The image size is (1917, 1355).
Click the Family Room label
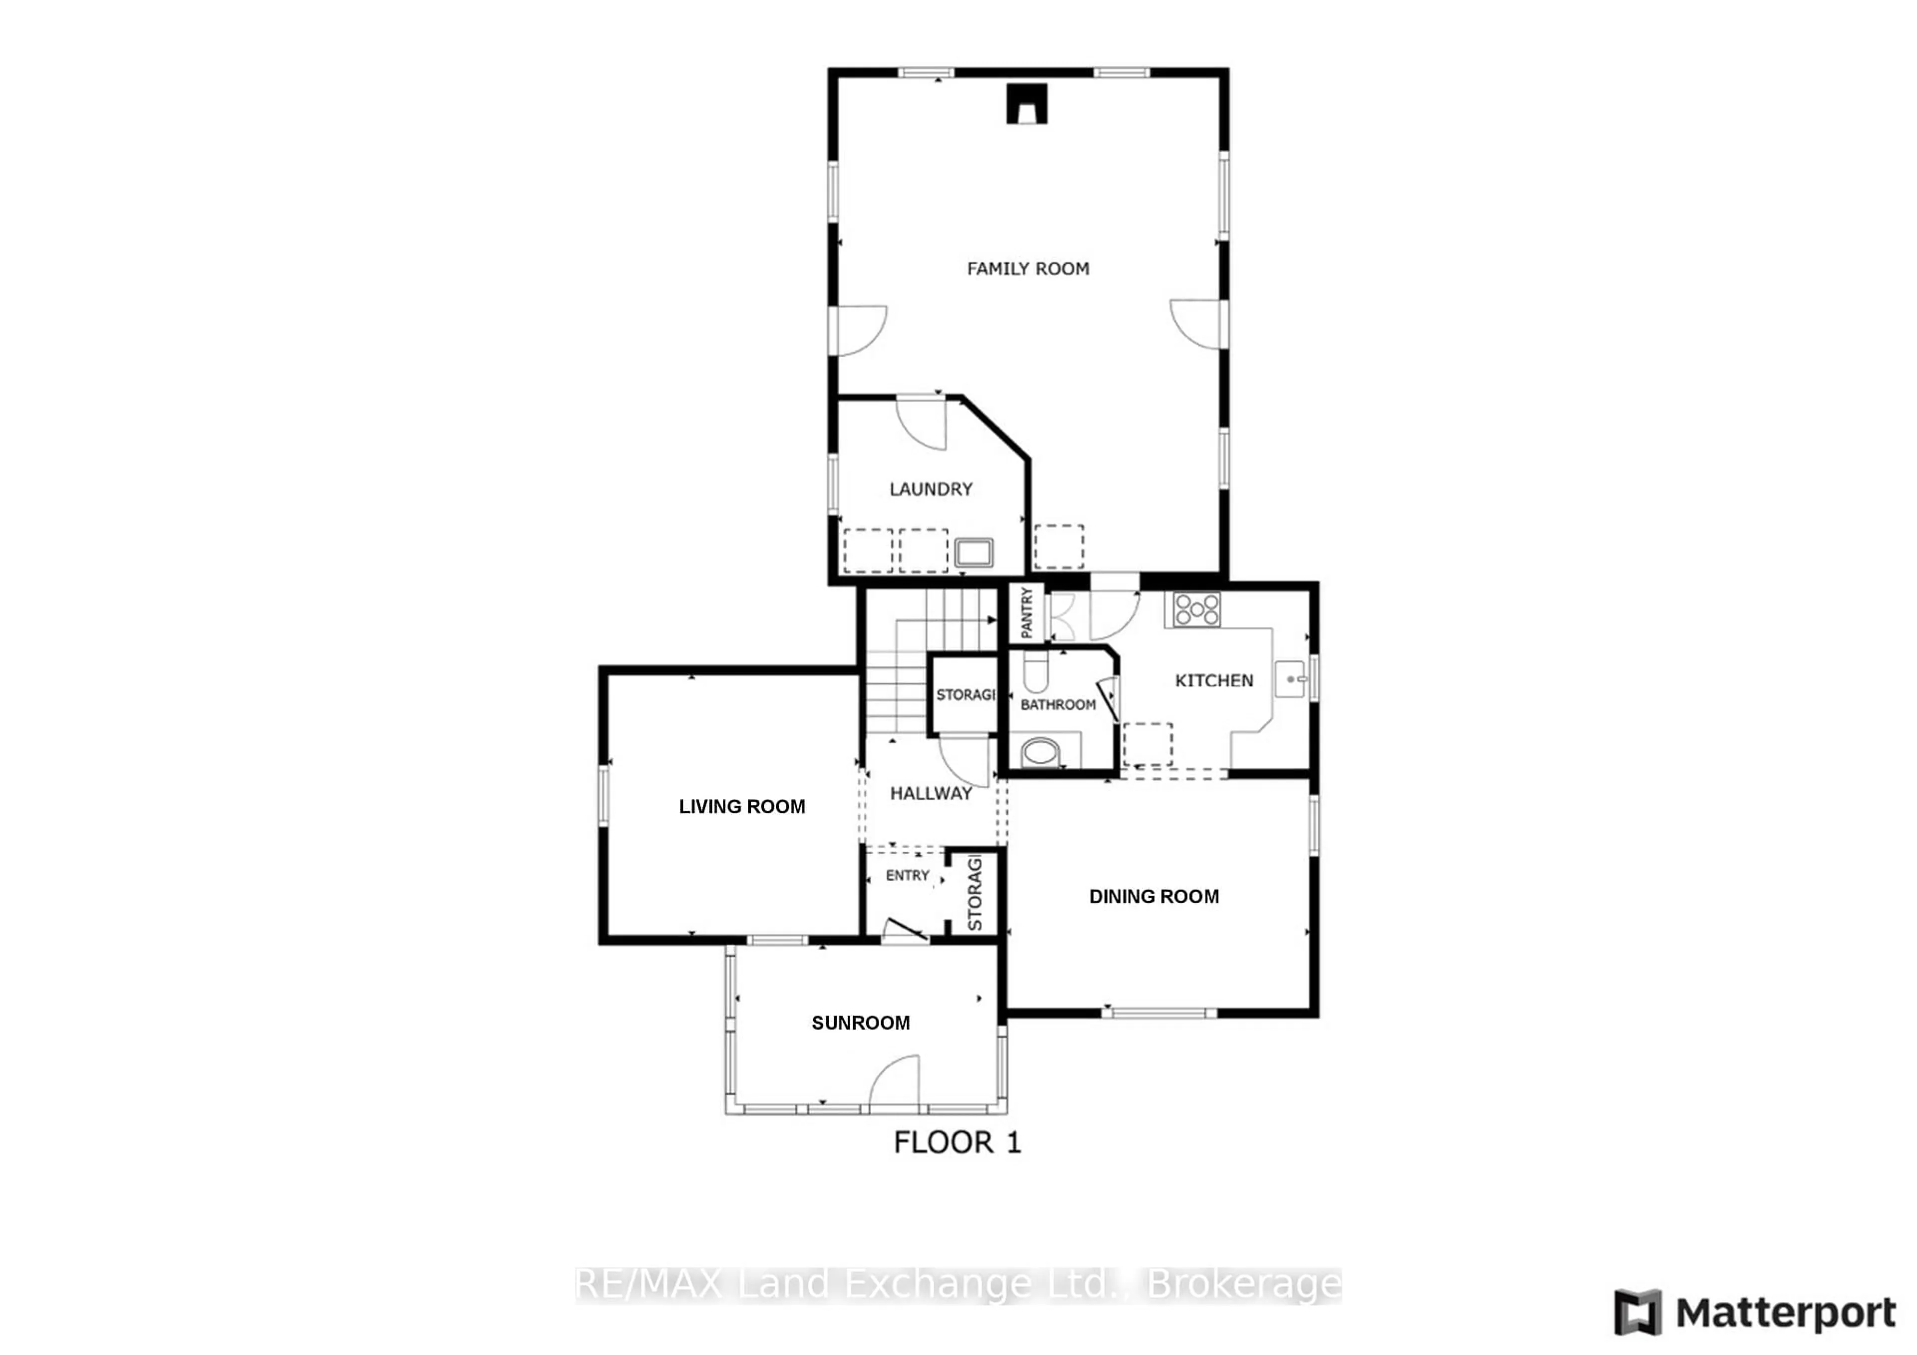coord(1028,269)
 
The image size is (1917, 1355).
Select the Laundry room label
coord(931,489)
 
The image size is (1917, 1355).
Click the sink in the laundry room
coord(973,553)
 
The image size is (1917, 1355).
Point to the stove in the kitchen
coord(1197,610)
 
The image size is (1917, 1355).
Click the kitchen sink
coord(1290,679)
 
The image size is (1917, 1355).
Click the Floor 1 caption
coord(958,1143)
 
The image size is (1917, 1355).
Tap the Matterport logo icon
coord(1637,1313)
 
